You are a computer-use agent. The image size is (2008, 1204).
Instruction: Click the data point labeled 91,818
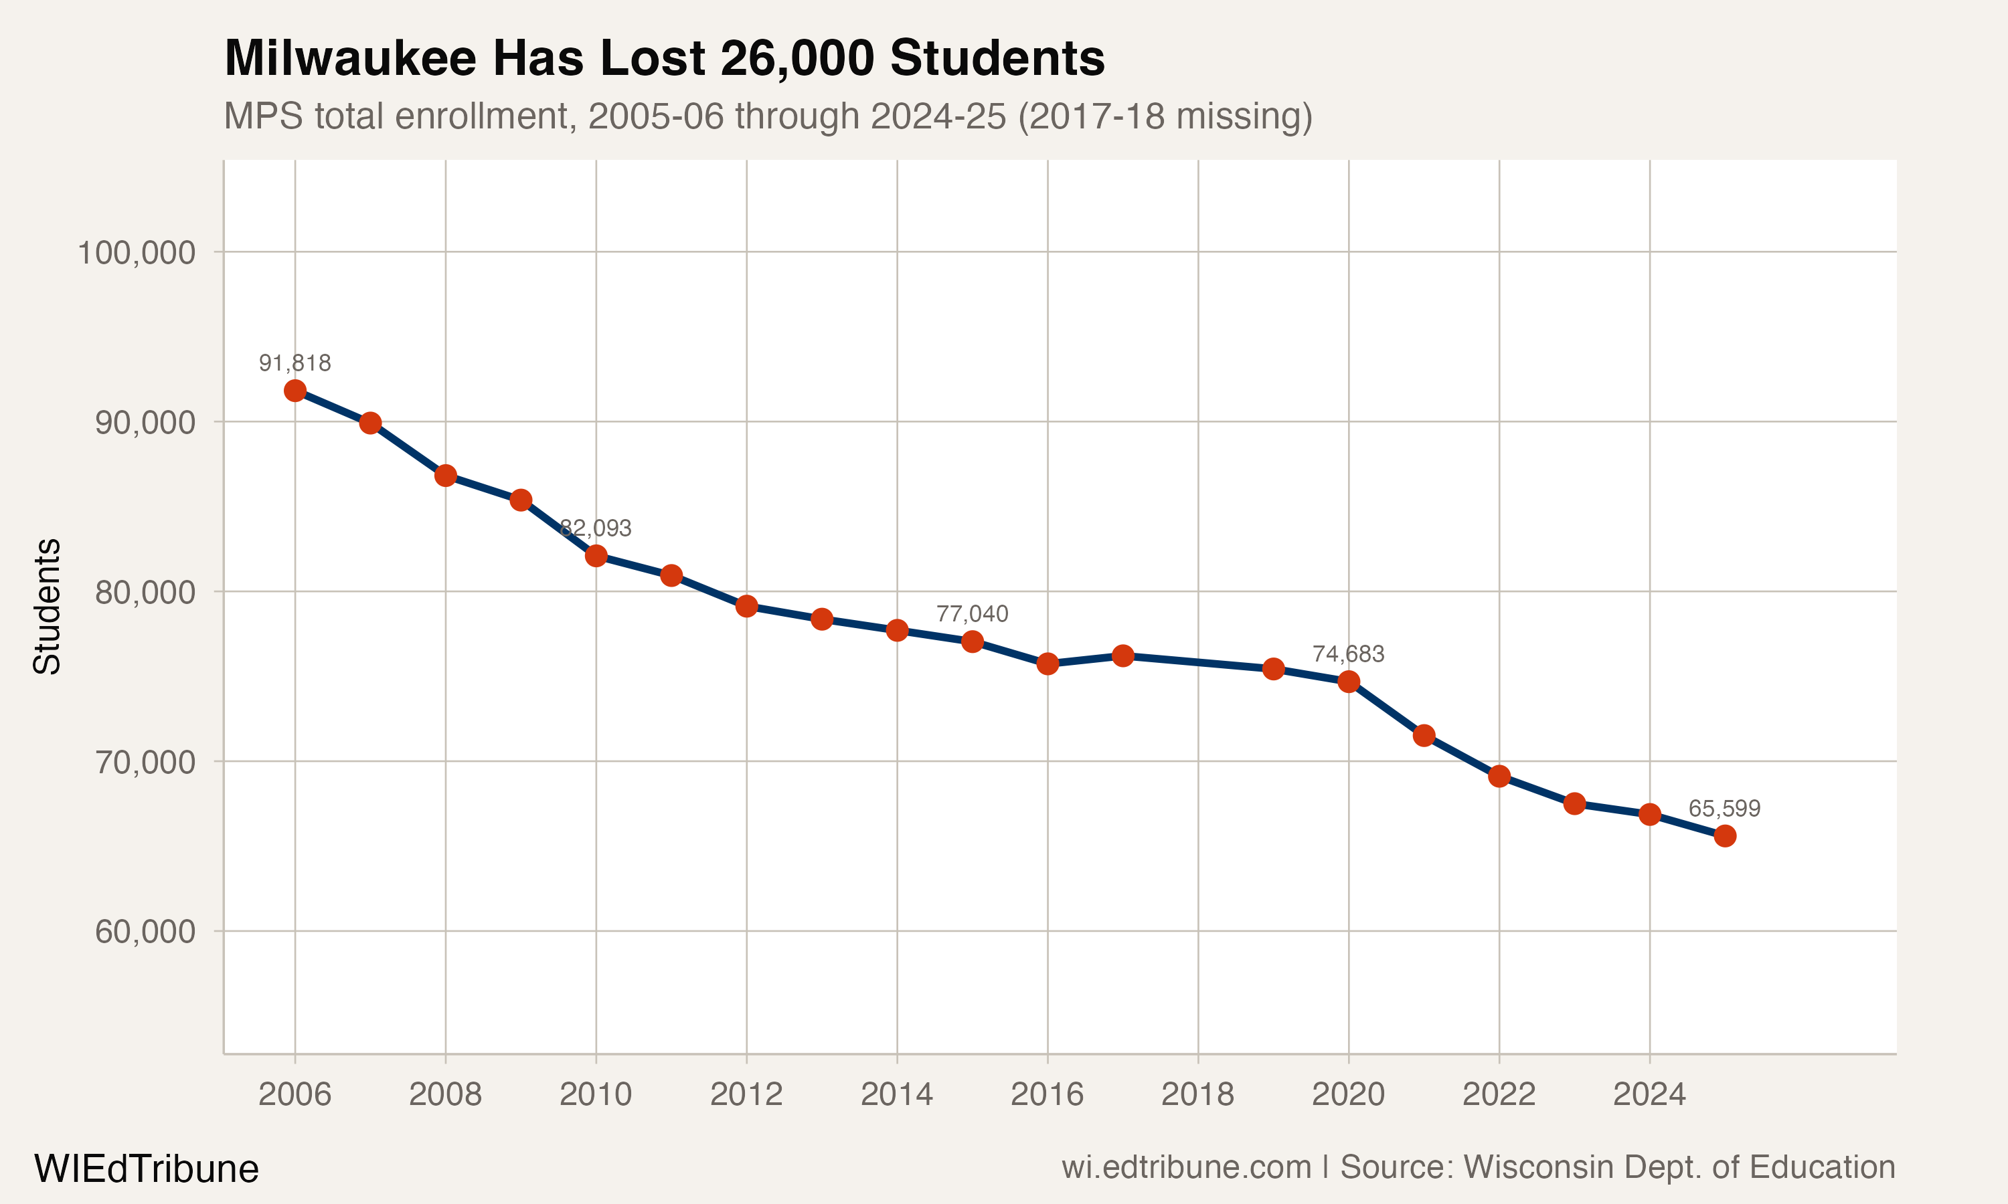click(x=295, y=390)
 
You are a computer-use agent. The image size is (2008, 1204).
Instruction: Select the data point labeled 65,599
click(x=1725, y=835)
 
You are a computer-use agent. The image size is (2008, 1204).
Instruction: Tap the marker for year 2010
click(x=596, y=556)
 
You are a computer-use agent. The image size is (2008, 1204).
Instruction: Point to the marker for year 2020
click(x=1349, y=682)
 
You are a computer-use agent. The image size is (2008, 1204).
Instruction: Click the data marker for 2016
click(x=1048, y=664)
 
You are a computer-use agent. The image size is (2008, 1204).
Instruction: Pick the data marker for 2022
click(x=1499, y=777)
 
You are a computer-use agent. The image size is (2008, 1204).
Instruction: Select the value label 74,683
click(x=1348, y=654)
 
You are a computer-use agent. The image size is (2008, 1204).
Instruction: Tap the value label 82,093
click(x=596, y=528)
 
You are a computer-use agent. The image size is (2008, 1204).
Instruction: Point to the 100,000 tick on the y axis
click(x=136, y=252)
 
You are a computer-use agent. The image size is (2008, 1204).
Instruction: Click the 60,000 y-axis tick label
click(x=145, y=931)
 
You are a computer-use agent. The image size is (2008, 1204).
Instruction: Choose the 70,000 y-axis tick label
click(x=145, y=762)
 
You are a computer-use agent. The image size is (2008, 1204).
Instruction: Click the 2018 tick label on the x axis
click(x=1197, y=1094)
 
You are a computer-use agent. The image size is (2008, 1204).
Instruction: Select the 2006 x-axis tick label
click(x=295, y=1094)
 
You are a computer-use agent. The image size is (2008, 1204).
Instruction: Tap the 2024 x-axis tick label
click(x=1649, y=1094)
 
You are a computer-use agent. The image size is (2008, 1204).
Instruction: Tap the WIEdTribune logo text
click(x=146, y=1169)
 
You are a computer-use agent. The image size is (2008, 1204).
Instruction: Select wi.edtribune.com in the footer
click(x=1186, y=1167)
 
